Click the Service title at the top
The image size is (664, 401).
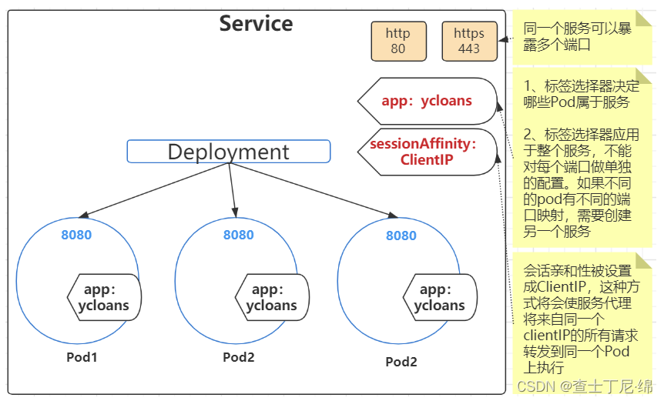[x=256, y=23]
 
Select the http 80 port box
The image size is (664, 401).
[x=397, y=41]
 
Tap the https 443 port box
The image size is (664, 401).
[x=468, y=41]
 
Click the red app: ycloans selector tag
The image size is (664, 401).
[x=427, y=101]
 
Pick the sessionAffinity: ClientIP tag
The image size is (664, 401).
[x=424, y=152]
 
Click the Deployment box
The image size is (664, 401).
[x=228, y=152]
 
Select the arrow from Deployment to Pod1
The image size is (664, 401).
[x=154, y=189]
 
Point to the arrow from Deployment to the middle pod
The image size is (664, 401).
[x=232, y=189]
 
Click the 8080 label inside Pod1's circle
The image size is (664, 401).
[x=76, y=235]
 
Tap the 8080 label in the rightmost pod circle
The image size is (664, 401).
[x=401, y=236]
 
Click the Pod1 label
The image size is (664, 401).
[x=82, y=357]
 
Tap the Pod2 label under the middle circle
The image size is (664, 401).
[x=239, y=357]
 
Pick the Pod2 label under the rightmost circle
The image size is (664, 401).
[x=401, y=362]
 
